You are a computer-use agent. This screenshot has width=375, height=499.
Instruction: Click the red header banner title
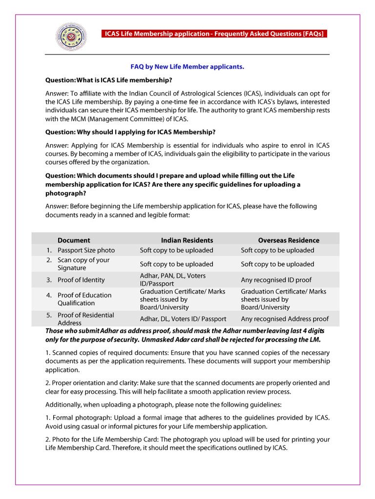[213, 34]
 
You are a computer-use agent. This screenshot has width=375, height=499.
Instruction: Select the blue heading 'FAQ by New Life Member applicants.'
[187, 66]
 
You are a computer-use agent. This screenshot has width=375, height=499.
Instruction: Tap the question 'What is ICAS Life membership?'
[108, 79]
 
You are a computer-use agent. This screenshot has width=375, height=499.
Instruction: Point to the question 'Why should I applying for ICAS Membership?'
[130, 132]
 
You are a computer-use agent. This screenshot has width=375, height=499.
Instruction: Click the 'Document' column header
[74, 240]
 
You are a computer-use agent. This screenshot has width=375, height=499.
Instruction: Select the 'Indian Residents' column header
[187, 240]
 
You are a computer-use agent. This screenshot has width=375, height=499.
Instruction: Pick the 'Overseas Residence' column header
[289, 240]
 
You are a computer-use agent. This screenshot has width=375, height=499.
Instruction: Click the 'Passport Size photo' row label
[86, 250]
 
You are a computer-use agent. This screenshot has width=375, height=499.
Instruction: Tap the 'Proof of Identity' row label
[81, 280]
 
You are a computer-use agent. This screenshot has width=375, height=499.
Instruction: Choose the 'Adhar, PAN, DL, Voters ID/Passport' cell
[176, 280]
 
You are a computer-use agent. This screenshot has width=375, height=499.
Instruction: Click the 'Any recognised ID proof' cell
[276, 280]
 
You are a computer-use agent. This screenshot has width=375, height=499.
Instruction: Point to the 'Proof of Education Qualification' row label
[84, 299]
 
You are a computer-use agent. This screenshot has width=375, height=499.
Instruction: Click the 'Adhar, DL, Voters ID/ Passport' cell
[183, 319]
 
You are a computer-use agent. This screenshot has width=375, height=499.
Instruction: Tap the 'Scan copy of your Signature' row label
[83, 264]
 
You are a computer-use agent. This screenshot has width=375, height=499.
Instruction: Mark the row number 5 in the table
[49, 315]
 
